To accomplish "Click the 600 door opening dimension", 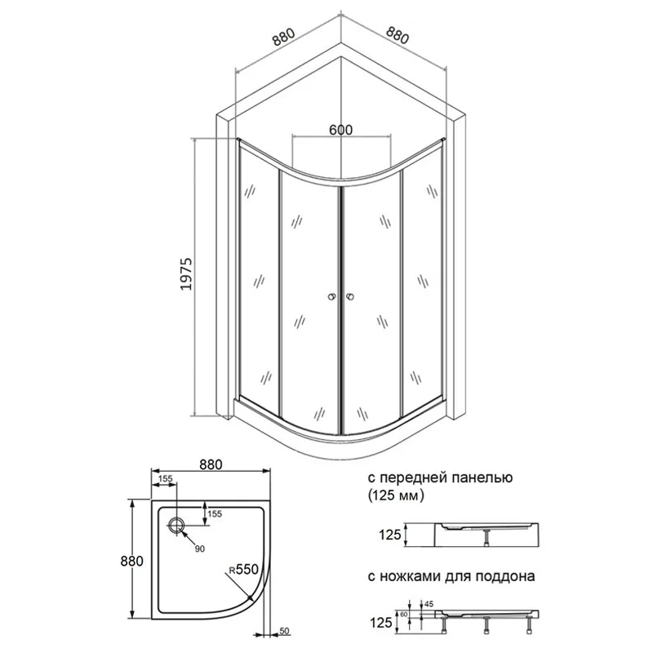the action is (x=340, y=130).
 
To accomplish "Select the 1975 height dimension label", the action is (x=186, y=273).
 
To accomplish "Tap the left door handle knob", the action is (x=331, y=297).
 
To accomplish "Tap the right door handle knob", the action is (x=350, y=297).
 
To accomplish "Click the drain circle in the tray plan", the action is (x=176, y=525).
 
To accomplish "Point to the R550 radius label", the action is (x=243, y=569).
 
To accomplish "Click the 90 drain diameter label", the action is (x=200, y=549).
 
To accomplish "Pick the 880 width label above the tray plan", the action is (x=211, y=464).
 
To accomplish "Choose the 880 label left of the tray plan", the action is (x=132, y=561).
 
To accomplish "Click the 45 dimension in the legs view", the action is (x=429, y=603).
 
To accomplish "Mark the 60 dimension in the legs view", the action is (x=404, y=615).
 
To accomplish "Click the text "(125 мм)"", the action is (x=396, y=495).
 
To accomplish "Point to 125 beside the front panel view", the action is (x=390, y=535).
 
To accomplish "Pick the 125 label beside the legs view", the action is (x=381, y=623).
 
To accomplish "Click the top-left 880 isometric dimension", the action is (x=283, y=37).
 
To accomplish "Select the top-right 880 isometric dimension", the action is (x=398, y=35).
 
